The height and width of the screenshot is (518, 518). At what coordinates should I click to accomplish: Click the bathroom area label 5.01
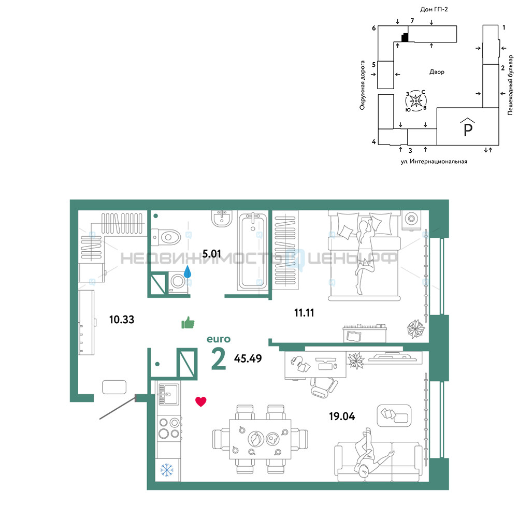(x=211, y=254)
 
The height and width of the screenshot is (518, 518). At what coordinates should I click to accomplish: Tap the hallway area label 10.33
(x=122, y=320)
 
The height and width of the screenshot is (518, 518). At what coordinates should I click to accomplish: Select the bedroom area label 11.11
(x=304, y=312)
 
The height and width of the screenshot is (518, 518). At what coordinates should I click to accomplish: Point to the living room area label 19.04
(x=342, y=416)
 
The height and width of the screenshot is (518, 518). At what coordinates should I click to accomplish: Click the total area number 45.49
(x=248, y=358)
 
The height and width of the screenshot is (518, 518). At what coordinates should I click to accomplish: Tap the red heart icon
(x=201, y=401)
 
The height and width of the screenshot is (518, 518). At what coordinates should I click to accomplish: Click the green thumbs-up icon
(x=188, y=323)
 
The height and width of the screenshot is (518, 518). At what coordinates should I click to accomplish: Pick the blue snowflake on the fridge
(x=167, y=470)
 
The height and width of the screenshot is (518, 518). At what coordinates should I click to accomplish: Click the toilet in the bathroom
(x=166, y=237)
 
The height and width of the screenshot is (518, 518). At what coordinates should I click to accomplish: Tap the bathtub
(x=253, y=252)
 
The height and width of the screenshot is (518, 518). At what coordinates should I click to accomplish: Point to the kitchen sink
(x=168, y=394)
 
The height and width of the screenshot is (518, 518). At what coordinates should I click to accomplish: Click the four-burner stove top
(x=168, y=428)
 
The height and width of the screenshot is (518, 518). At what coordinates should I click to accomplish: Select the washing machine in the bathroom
(x=178, y=282)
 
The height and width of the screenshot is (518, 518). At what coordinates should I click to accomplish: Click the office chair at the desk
(x=324, y=387)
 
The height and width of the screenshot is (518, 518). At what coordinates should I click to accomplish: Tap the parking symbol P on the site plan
(x=468, y=128)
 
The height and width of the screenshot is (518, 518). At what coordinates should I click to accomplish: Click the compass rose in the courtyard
(x=416, y=100)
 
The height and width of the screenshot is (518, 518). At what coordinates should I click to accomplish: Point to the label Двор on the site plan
(x=437, y=71)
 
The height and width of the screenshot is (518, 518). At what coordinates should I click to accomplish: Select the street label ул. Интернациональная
(x=434, y=162)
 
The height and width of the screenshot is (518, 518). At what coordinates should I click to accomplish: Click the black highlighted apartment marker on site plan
(x=405, y=37)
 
